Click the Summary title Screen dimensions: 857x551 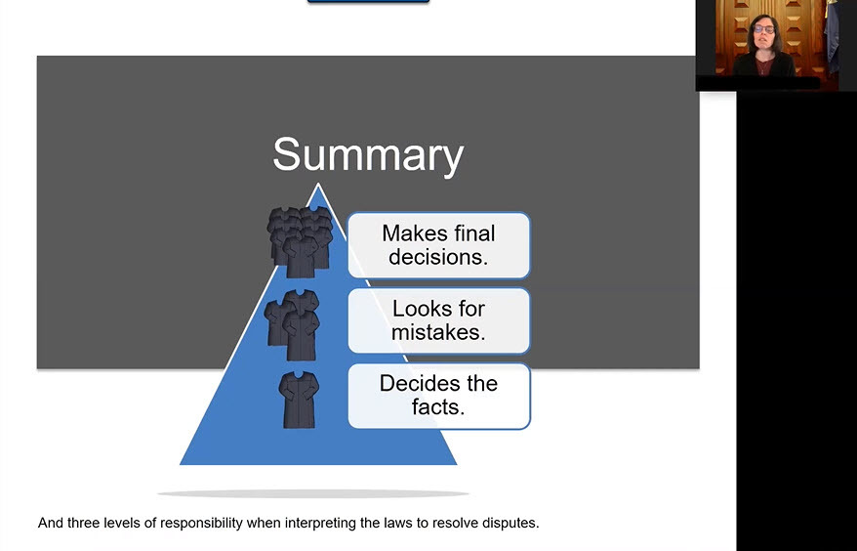368,156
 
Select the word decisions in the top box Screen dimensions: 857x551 438,257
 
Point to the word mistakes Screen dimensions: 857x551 438,332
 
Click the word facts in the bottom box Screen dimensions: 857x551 438,407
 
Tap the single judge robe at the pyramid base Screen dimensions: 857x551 299,400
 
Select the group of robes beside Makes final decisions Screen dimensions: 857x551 300,242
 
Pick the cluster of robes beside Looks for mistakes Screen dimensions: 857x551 292,325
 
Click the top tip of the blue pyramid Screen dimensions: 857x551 318,184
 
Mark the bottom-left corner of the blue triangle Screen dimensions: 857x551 181,465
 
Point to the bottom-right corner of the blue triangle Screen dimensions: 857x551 457,465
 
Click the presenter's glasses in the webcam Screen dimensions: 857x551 764,29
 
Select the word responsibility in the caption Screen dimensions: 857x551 201,524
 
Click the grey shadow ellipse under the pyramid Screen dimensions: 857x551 313,493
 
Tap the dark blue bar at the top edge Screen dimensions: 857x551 368,2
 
